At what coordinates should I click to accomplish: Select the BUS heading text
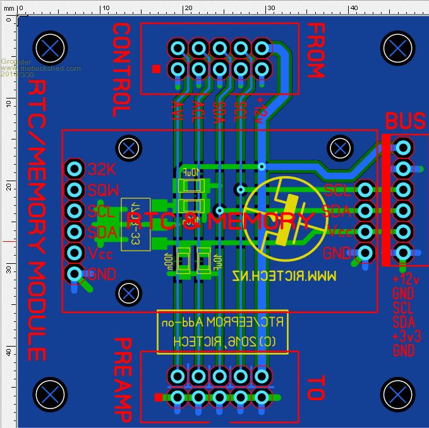[406, 121]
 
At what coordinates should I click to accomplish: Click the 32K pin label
[101, 169]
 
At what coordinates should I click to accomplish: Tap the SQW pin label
[102, 189]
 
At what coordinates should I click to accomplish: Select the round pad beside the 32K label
[74, 169]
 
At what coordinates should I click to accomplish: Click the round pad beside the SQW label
[74, 189]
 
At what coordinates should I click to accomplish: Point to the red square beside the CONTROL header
[156, 68]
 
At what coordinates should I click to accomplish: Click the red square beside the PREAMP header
[158, 396]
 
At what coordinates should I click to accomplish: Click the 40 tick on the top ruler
[353, 7]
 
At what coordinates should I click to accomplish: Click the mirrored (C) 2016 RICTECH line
[222, 342]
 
